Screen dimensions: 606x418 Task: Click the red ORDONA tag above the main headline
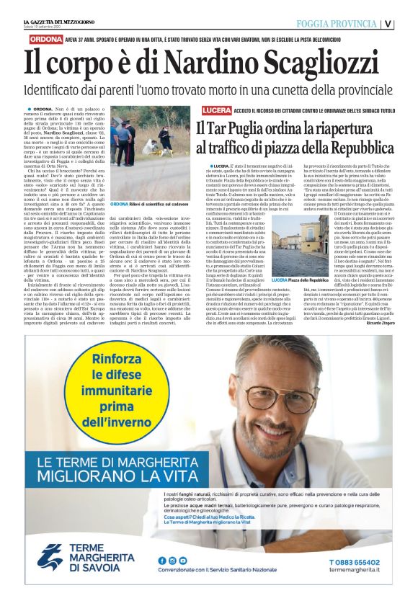45,40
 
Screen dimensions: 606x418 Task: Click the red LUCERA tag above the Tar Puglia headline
217,110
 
